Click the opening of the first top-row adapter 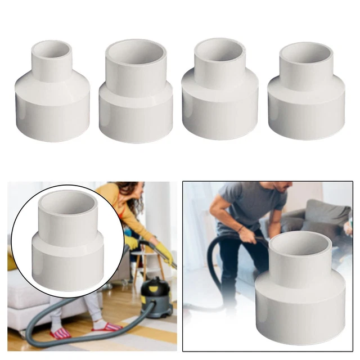(51, 49)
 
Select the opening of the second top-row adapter (136, 52)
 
